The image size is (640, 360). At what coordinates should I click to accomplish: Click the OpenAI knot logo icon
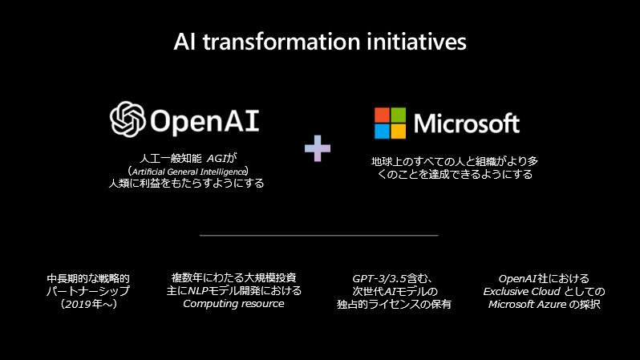pos(127,119)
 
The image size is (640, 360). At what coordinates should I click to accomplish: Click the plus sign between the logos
pos(318,148)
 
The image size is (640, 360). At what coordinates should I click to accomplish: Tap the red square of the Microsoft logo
pos(383,115)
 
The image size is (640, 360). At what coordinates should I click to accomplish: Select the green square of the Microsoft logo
pos(399,115)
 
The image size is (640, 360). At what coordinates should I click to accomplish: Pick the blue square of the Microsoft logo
pos(383,130)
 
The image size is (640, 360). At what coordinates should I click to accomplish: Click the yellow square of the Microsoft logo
pos(399,130)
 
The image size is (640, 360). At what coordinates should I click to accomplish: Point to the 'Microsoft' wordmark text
pos(467,123)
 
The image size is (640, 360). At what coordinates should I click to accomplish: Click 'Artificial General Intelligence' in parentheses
pos(188,171)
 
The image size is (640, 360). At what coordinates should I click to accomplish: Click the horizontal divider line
pos(318,235)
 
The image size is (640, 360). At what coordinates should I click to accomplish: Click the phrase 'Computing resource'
pos(233,303)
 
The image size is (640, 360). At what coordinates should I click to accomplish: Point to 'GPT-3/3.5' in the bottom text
pos(379,277)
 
